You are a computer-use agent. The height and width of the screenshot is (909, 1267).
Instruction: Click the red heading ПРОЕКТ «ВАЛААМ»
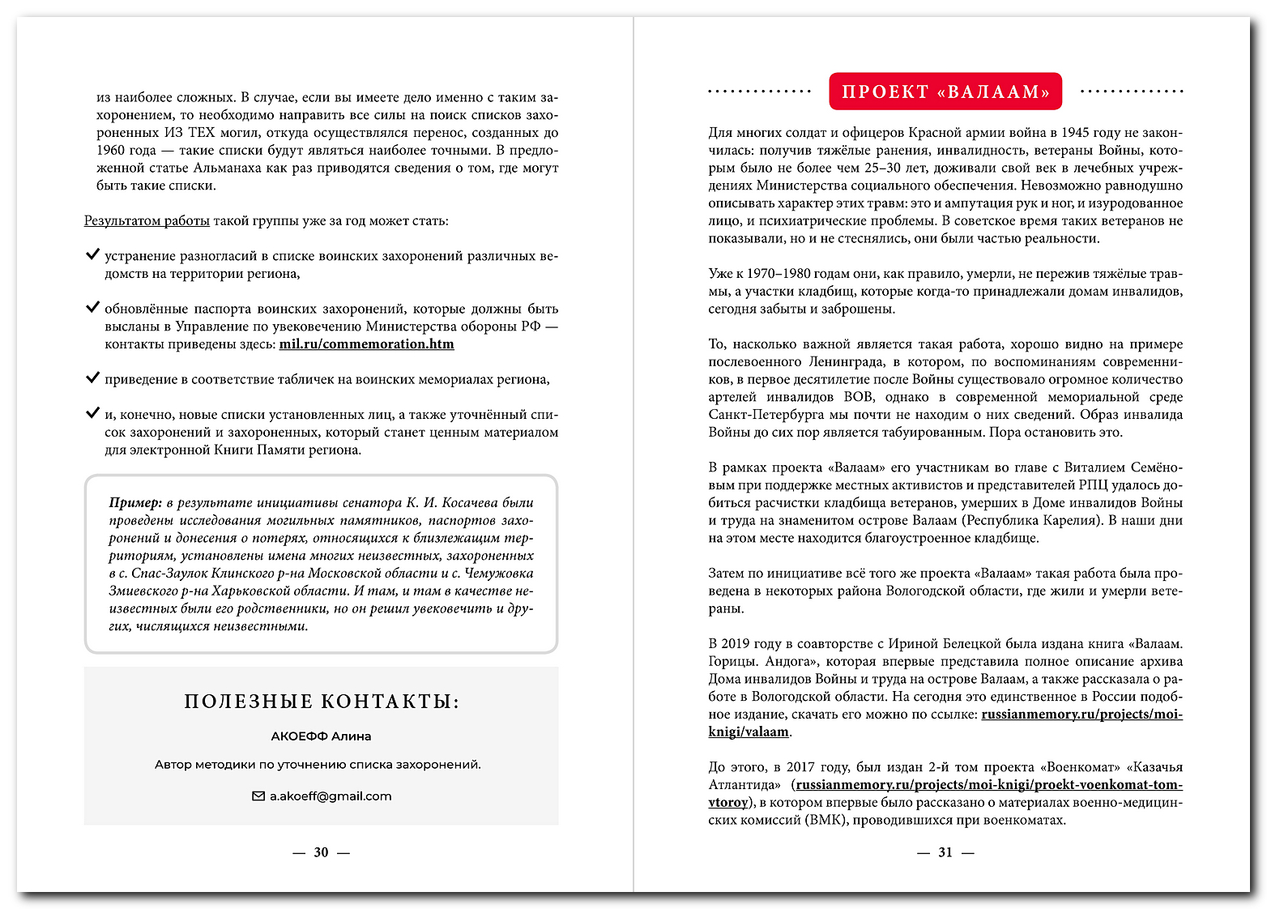click(x=945, y=92)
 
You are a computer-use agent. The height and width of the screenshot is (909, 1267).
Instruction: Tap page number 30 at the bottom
click(x=322, y=852)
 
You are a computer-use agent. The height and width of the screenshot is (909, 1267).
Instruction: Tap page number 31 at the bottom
click(x=945, y=852)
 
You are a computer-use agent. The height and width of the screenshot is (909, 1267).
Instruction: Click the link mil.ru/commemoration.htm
click(x=366, y=344)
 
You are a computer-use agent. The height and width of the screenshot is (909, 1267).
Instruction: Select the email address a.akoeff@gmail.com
click(x=331, y=796)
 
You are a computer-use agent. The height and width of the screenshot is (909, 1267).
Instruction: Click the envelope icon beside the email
click(x=258, y=796)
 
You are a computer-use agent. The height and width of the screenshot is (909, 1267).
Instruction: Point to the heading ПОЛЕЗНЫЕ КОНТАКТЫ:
click(x=322, y=702)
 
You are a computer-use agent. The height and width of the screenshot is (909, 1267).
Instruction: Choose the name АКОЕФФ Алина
click(x=321, y=736)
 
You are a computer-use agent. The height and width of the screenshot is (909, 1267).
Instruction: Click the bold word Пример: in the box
click(x=135, y=503)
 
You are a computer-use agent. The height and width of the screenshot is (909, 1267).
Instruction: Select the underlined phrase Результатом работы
click(x=147, y=221)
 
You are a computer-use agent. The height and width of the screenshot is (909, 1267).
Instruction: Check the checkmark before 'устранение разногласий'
click(x=92, y=255)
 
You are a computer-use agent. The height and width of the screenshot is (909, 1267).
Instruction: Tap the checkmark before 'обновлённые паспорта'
click(x=92, y=308)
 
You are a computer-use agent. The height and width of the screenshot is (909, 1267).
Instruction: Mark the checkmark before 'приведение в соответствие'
click(x=92, y=378)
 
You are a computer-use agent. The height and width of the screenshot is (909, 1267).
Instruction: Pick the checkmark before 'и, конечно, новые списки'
click(x=92, y=413)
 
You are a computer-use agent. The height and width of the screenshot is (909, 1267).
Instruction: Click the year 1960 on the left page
click(x=110, y=151)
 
